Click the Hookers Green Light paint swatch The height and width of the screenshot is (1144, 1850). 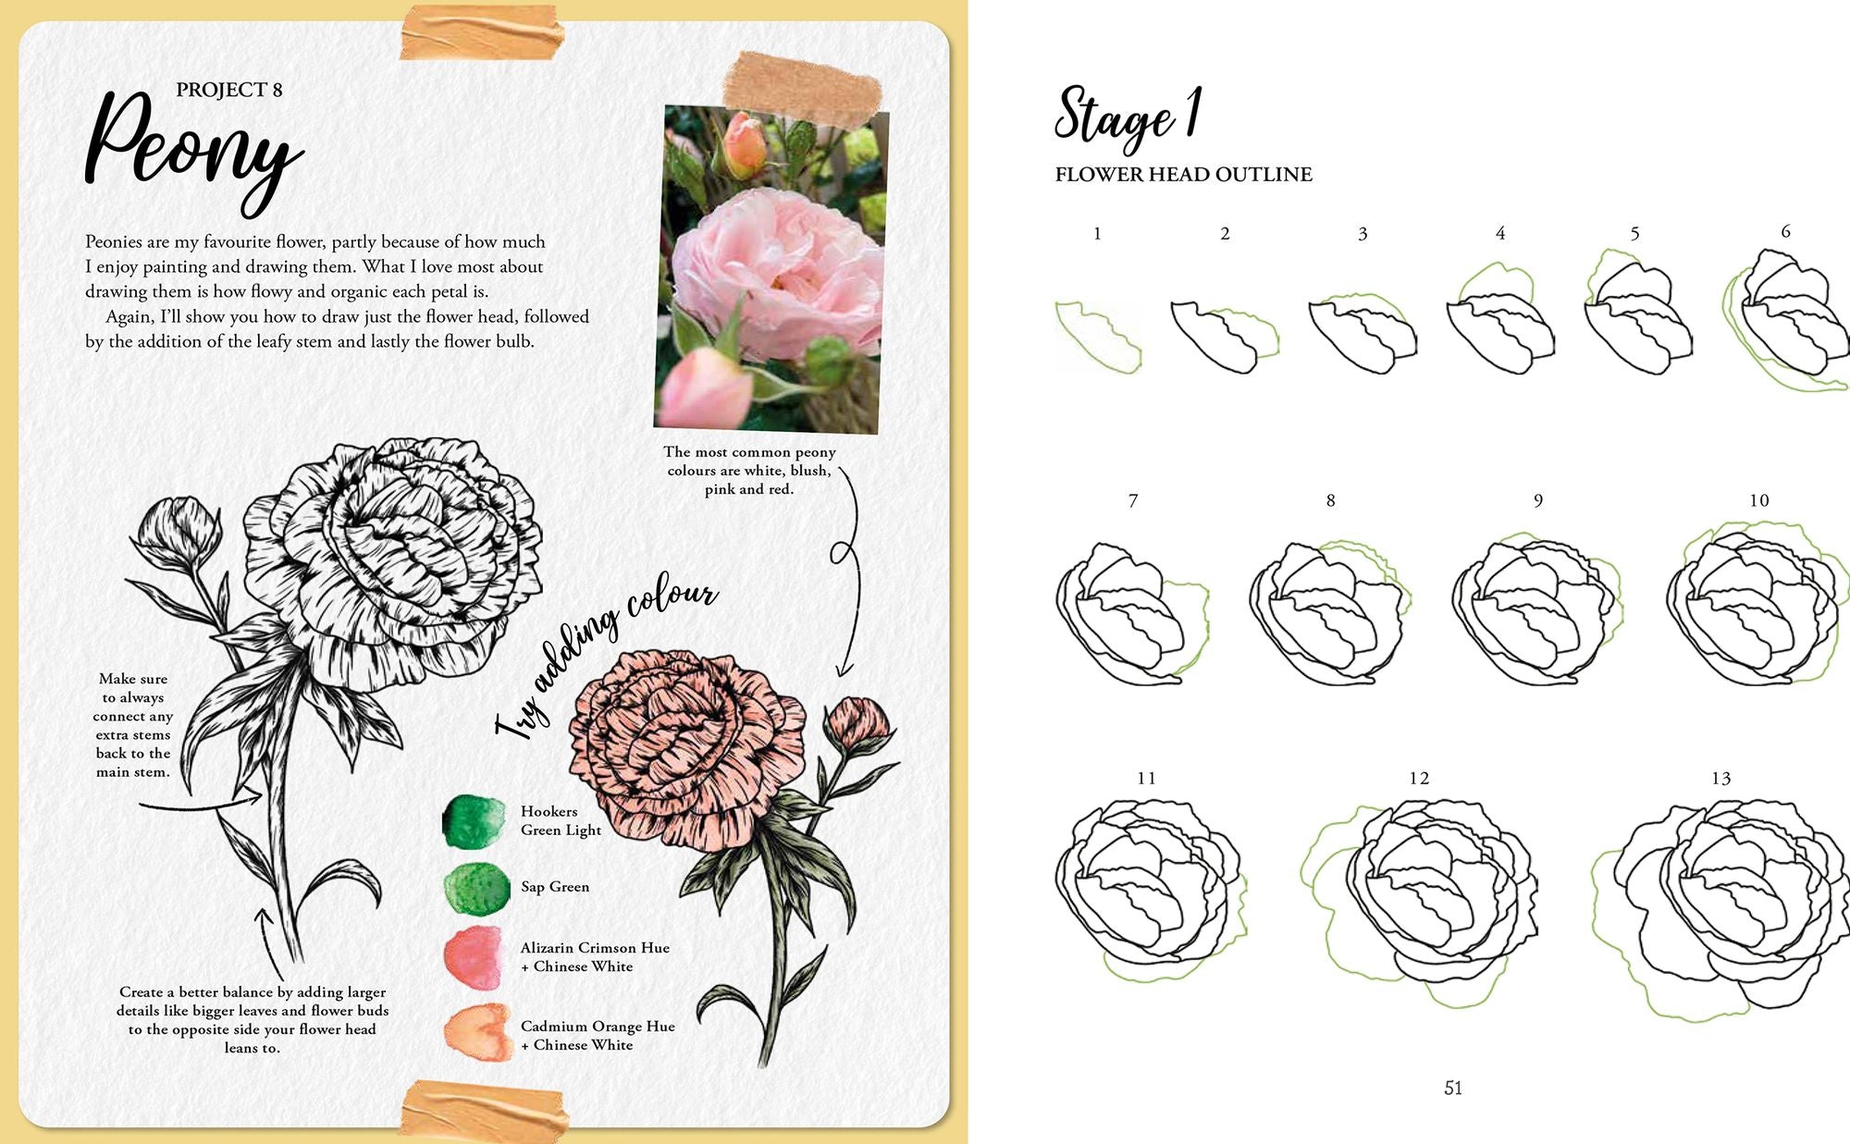[475, 821]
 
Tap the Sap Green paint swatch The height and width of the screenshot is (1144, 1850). [476, 888]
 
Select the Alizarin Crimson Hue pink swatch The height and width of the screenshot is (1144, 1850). [474, 956]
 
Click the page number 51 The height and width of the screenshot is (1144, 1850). [1453, 1089]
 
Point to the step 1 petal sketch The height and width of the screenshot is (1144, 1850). [1099, 337]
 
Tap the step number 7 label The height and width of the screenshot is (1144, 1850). [1133, 500]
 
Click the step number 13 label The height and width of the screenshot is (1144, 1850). [1720, 779]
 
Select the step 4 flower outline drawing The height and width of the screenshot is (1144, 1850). [1499, 319]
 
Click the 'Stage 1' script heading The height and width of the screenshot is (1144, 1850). [1128, 117]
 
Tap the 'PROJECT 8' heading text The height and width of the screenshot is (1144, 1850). [229, 90]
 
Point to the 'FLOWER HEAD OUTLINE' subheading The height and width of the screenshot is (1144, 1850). [1183, 175]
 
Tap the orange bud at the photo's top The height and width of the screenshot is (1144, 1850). [745, 145]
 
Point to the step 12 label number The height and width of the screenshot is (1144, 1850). [1419, 779]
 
